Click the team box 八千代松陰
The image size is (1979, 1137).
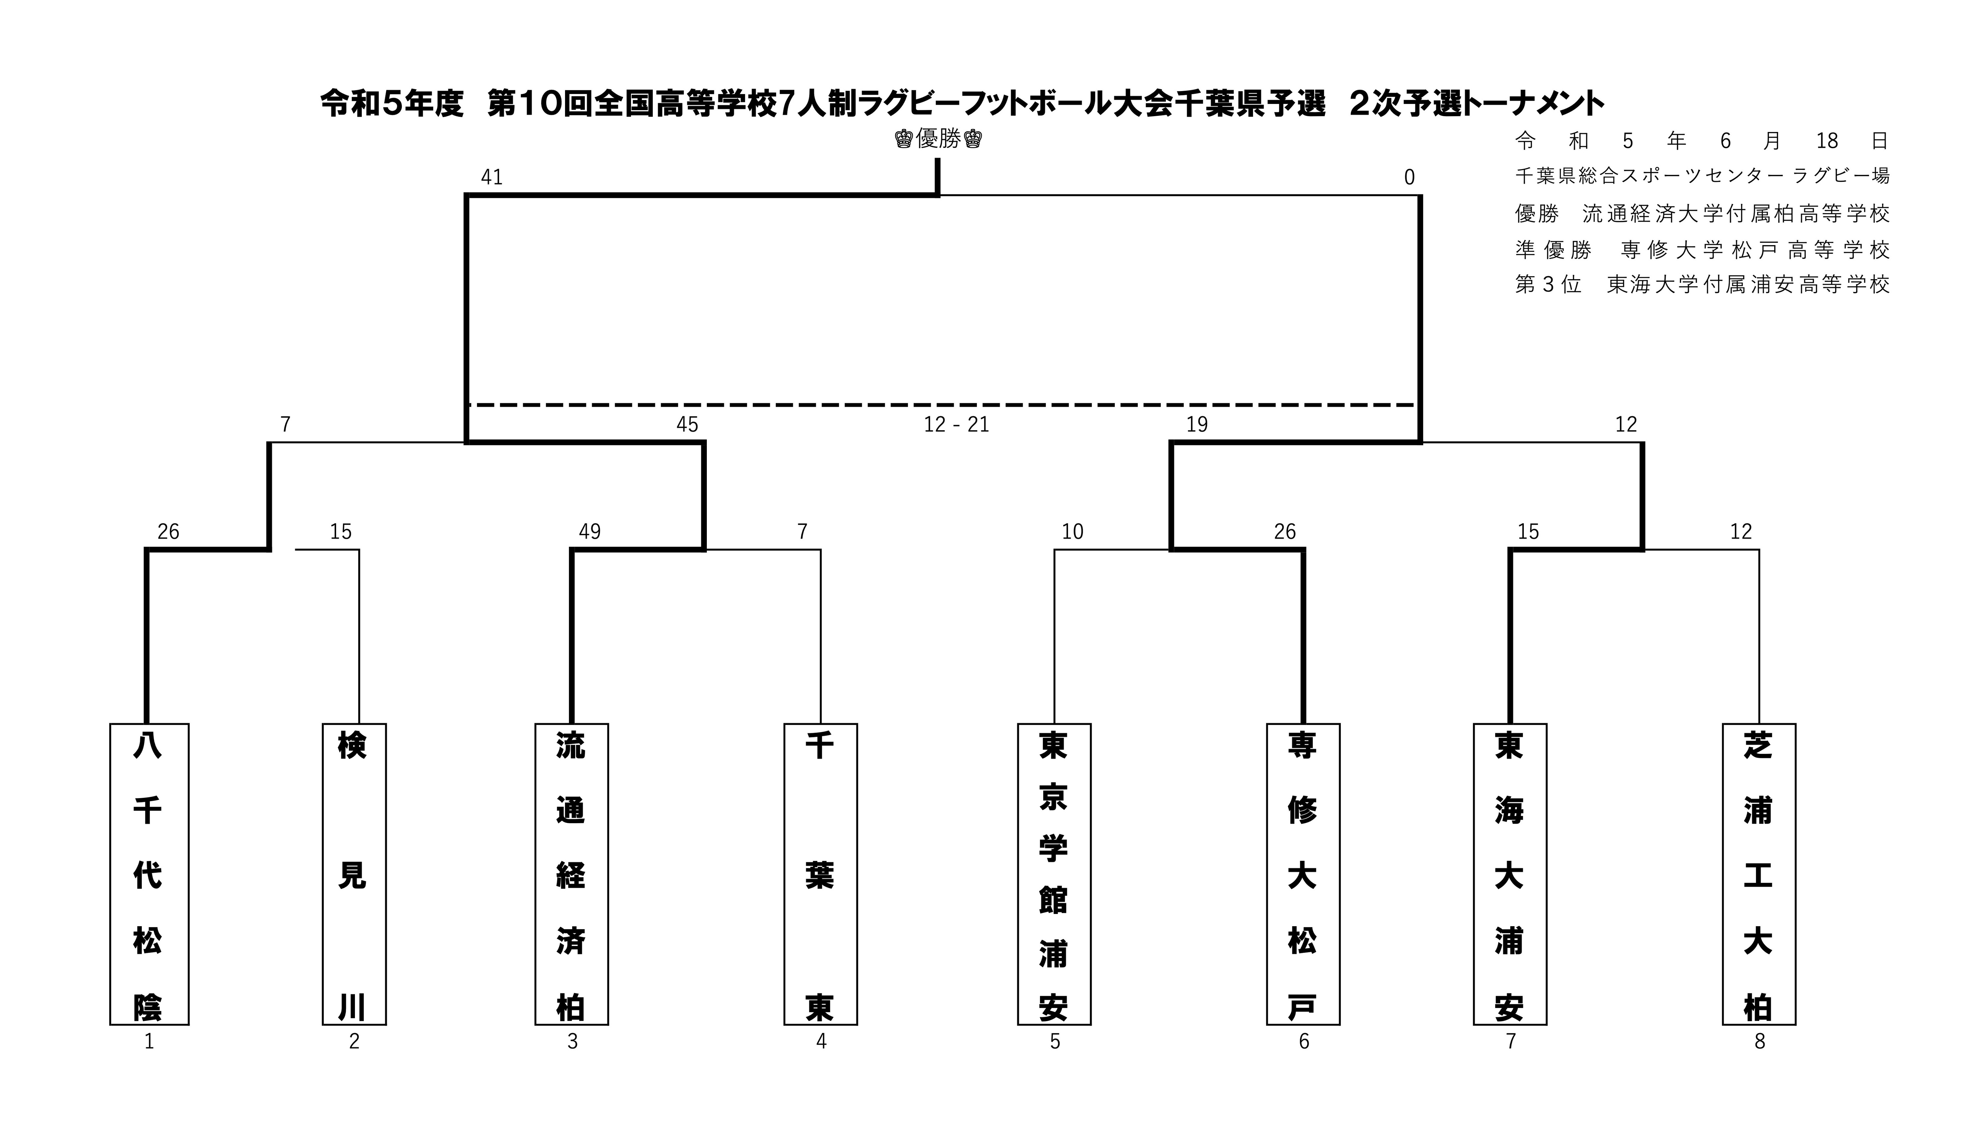(149, 874)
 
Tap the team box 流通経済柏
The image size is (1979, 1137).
(572, 874)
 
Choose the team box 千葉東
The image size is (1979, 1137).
(821, 874)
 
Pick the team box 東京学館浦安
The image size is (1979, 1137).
(1054, 874)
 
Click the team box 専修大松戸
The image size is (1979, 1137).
(1303, 874)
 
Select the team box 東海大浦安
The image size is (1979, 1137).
(1510, 874)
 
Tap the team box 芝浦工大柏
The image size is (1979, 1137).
(1759, 874)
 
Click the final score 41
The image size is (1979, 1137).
(492, 177)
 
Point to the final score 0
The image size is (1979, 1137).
(1409, 177)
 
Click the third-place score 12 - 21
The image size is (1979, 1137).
(956, 425)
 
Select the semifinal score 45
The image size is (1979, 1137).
(687, 425)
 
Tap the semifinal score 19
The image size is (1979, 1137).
(1197, 425)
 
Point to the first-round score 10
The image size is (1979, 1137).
(1073, 532)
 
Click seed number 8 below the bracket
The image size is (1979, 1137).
(1760, 1042)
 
